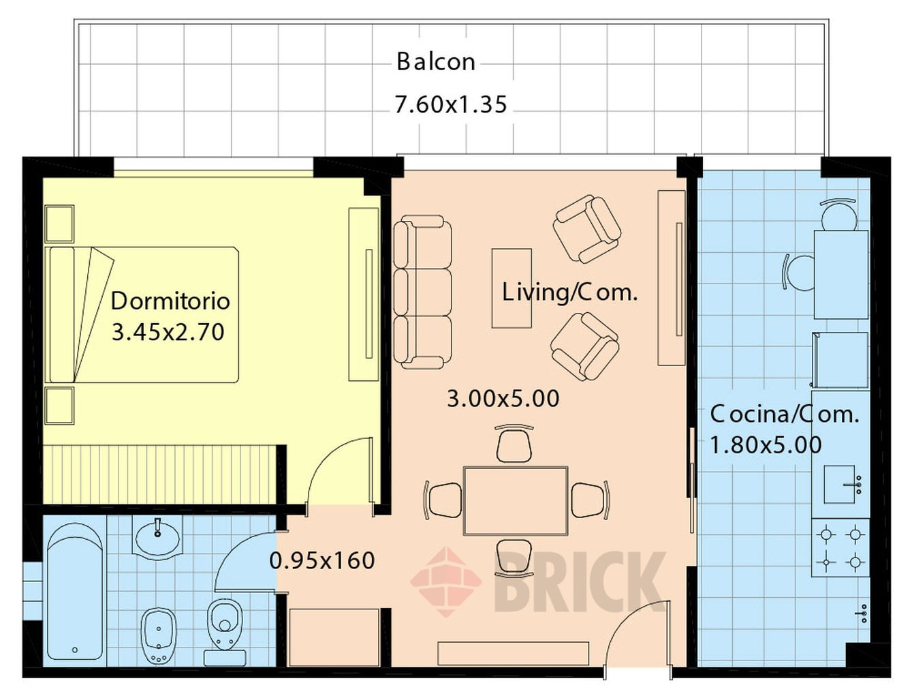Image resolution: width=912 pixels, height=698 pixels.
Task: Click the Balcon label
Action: coord(435,61)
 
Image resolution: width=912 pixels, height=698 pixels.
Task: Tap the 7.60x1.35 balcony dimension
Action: coord(451,104)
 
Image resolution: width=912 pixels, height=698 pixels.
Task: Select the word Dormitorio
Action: coord(170,301)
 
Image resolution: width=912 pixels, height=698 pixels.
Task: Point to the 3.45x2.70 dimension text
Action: coord(168,332)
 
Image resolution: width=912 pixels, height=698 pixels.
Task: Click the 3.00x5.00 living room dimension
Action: coord(503,398)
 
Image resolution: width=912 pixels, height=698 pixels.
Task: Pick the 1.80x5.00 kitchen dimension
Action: coord(766,444)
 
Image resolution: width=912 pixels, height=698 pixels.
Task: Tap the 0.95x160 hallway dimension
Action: coord(322,560)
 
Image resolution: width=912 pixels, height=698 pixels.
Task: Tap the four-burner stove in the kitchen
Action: coord(840,547)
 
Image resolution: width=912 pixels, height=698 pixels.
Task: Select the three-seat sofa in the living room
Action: coord(422,292)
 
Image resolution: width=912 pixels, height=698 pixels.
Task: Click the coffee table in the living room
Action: coord(512,288)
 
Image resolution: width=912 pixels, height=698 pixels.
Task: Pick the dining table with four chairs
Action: coord(516,501)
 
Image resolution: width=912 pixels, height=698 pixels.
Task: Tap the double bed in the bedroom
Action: coord(144,315)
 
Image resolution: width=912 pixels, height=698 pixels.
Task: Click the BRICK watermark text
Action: coord(580,581)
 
